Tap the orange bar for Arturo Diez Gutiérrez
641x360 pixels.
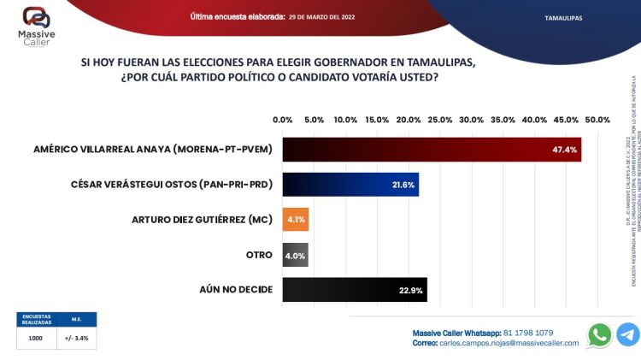click(x=296, y=220)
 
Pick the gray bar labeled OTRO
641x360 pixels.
click(x=295, y=255)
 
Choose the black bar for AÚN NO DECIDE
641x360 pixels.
click(x=355, y=290)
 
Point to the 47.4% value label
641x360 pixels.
click(x=565, y=150)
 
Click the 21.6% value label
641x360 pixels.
click(x=402, y=185)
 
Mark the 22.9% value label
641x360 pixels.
click(x=410, y=290)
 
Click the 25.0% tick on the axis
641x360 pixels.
click(x=440, y=120)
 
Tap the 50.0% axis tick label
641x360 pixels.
click(x=597, y=120)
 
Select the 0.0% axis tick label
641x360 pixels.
click(x=283, y=120)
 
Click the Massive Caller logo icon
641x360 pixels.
click(x=35, y=17)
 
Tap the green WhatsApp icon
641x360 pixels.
click(x=601, y=334)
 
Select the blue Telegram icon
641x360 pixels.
click(x=628, y=334)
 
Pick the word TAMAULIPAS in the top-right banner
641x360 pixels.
click(x=563, y=16)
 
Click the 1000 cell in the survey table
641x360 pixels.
click(x=36, y=338)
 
